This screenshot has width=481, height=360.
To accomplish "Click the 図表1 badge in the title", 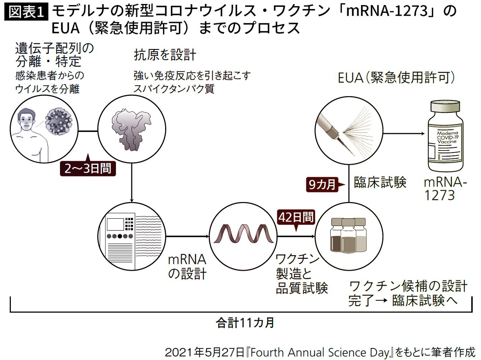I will [26, 12].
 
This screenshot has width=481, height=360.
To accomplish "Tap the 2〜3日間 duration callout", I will [88, 168].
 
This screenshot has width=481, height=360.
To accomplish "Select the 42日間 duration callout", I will [296, 217].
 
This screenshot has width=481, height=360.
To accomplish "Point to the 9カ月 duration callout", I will [322, 184].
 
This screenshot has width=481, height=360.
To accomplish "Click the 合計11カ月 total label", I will [245, 323].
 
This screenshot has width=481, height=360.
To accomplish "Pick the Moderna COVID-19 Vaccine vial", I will [447, 136].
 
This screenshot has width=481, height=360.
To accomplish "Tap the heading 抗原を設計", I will [165, 55].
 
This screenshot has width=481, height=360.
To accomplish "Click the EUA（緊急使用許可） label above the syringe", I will [396, 78].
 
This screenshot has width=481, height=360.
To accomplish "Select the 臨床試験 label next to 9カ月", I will [380, 182].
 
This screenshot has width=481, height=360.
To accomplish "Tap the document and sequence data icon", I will [132, 237].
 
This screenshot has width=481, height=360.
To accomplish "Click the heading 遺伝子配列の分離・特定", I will [54, 55].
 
